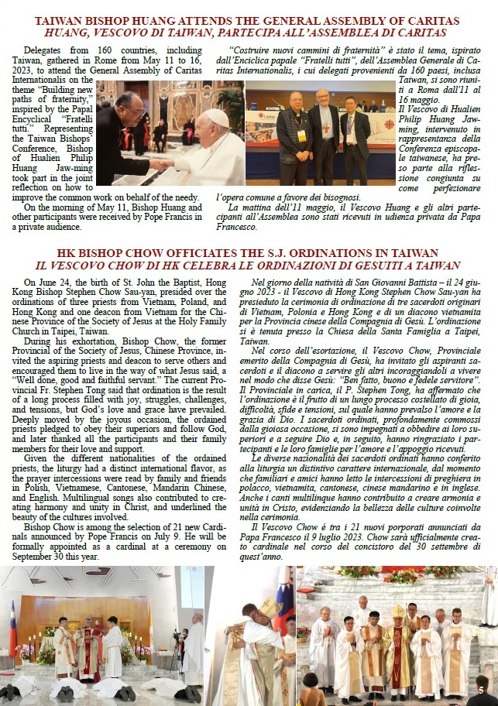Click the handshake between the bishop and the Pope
tap(164, 164)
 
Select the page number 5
tap(481, 690)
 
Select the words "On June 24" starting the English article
tap(46, 282)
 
